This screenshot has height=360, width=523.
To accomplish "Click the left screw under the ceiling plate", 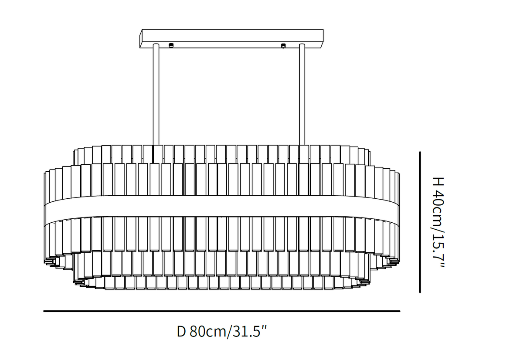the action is [171, 45].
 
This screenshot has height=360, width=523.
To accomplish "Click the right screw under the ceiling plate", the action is [283, 46].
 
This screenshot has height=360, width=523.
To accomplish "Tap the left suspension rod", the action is [156, 95].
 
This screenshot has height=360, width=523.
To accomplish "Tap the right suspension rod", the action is [302, 95].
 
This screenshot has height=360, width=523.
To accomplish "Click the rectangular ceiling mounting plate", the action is [231, 38].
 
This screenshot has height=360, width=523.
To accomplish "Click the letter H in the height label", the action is [438, 181].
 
